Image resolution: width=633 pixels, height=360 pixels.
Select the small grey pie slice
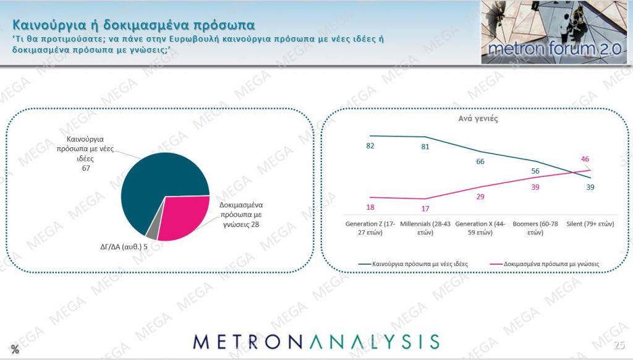[154, 230]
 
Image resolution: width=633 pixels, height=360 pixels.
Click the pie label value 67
[86, 168]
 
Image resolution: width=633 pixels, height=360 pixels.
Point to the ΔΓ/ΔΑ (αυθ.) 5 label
[124, 246]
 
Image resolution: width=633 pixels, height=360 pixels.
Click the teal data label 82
[370, 146]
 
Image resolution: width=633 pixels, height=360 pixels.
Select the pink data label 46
[585, 159]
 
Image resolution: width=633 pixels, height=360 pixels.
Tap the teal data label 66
[480, 161]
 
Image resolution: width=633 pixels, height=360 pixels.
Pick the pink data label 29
[480, 197]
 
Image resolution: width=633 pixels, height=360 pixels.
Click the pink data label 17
[425, 208]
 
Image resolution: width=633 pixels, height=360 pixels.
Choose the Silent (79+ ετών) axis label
[590, 224]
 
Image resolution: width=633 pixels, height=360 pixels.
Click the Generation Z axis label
[370, 228]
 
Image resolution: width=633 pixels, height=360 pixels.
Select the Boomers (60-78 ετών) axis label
[535, 228]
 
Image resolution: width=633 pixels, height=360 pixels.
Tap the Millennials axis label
[425, 228]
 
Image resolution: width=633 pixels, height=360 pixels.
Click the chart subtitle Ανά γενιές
[478, 119]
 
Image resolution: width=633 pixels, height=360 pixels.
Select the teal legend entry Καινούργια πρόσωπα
[414, 264]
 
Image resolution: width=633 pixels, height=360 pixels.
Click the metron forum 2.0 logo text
[554, 49]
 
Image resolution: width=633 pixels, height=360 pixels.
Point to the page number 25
[619, 345]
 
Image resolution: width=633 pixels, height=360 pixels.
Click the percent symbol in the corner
[15, 349]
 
